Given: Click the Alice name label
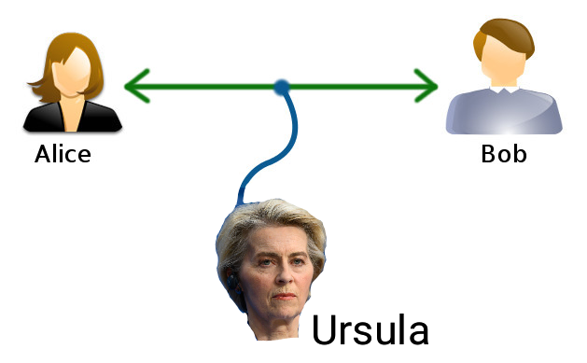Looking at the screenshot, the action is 63,154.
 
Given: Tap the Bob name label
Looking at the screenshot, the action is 504,154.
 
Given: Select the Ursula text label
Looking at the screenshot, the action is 370,329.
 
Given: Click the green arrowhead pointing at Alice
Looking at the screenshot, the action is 137,86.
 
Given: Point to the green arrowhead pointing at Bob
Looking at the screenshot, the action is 426,86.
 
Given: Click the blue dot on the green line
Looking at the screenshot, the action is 282,87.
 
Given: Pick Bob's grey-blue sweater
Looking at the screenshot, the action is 504,112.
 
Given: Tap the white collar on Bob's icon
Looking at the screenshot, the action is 504,90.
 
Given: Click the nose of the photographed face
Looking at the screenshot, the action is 285,275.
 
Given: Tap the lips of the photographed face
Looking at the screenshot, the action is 284,297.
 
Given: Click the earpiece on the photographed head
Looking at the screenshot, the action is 232,282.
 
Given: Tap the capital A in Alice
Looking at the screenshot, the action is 43,154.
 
